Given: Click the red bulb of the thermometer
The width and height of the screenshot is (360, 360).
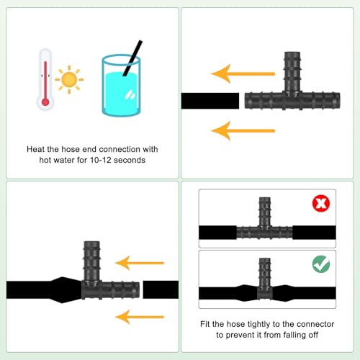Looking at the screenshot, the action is click(45, 102).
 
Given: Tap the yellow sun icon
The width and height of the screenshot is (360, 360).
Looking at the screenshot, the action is click(69, 80).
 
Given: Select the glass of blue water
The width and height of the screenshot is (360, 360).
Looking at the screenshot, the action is click(121, 86).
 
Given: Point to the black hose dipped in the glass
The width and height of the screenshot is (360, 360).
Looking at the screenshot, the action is click(132, 58).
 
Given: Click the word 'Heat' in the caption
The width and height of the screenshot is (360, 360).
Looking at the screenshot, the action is click(36, 149).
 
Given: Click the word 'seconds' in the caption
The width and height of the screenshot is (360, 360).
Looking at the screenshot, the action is click(130, 160).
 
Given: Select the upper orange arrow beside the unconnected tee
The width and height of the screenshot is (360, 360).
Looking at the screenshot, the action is click(243, 73).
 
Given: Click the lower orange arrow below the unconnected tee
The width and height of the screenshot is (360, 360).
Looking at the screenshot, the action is click(243, 131).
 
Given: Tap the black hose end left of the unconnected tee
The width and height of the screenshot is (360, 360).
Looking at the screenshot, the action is click(210, 101).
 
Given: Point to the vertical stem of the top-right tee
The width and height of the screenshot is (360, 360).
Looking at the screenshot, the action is click(292, 72).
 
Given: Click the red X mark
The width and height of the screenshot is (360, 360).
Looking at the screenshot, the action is click(321, 204).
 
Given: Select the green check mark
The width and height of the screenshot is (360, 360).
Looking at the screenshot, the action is click(321, 264).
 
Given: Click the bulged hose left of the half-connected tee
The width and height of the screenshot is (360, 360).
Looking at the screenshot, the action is click(45, 290).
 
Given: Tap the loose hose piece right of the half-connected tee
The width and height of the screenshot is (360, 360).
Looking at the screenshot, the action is click(161, 289).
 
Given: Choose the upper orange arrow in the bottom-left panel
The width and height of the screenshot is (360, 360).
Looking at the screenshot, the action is click(140, 263).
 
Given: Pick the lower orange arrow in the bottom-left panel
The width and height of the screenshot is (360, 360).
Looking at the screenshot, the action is click(140, 317).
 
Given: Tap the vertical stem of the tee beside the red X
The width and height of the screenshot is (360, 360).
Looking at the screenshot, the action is click(265, 212).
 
